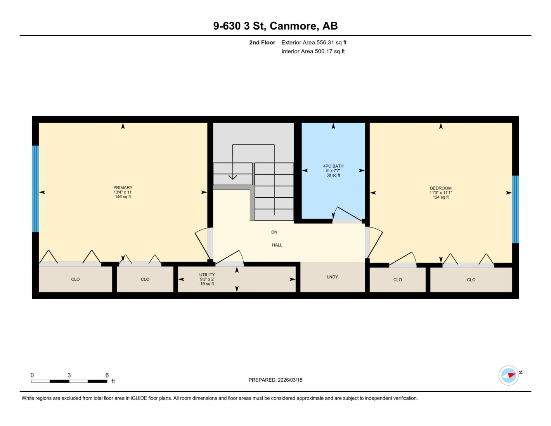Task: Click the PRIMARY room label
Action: pos(123,188)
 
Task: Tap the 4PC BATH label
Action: pos(333,166)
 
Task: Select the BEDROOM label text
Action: pos(441,188)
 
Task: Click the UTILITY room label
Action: pos(207,275)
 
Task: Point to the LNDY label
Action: pos(333,277)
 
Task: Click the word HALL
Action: pos(277,245)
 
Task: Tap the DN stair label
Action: pos(274,232)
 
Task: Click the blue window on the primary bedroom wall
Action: pos(35,189)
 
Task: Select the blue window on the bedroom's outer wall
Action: pos(515,209)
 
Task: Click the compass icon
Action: pos(508,376)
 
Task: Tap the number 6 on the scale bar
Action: pos(107,375)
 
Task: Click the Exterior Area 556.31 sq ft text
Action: pos(314,42)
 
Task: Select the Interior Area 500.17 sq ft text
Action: pos(313,51)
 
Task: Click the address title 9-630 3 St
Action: pos(239,26)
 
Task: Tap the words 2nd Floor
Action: pos(262,42)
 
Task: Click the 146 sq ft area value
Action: pos(123,196)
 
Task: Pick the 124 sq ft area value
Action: pos(441,197)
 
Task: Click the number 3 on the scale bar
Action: pos(69,375)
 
